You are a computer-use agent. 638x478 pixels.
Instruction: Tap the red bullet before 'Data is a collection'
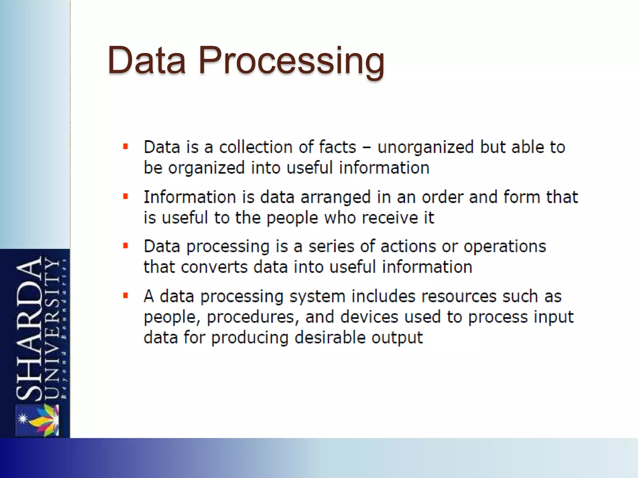pyautogui.click(x=126, y=147)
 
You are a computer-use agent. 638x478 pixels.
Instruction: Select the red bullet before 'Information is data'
pyautogui.click(x=126, y=196)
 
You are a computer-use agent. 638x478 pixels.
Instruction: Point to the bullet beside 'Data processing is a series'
pyautogui.click(x=126, y=246)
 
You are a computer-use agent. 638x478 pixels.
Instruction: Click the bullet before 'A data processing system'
pyautogui.click(x=126, y=296)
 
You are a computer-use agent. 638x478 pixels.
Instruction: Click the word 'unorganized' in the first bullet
pyautogui.click(x=426, y=147)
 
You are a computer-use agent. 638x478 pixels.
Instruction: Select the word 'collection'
pyautogui.click(x=255, y=147)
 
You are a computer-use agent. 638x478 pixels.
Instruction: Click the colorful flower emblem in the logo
pyautogui.click(x=44, y=420)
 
